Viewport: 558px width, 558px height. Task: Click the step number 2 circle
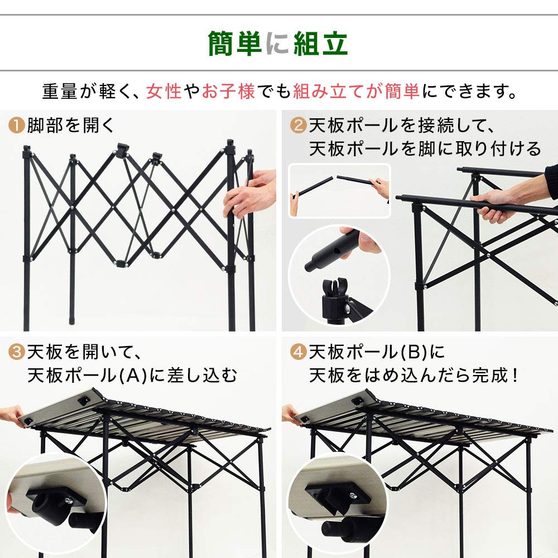299,126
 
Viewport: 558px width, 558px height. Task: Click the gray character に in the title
277,44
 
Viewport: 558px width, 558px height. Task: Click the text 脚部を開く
71,126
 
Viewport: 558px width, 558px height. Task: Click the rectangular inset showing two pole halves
339,190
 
